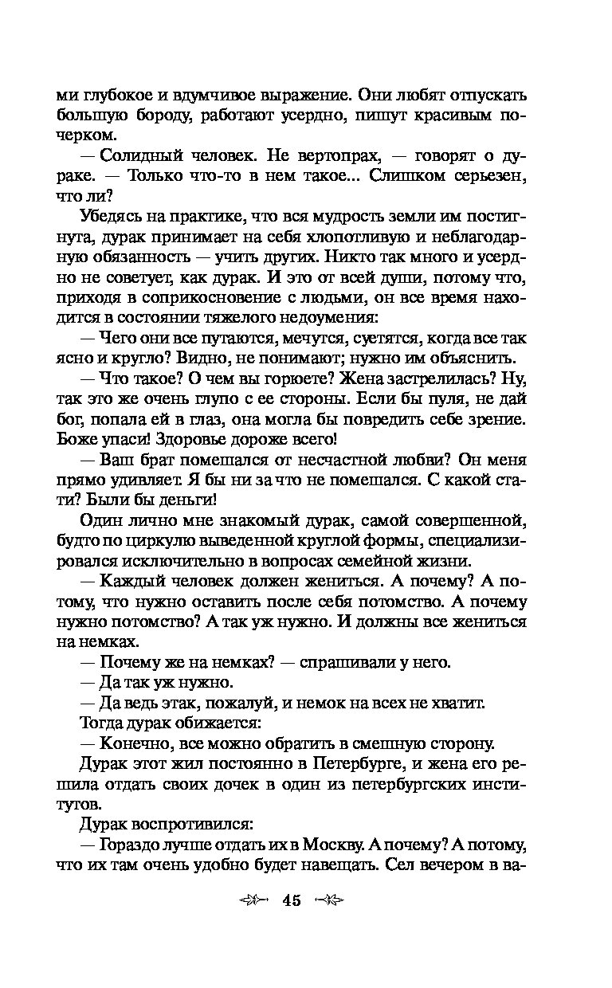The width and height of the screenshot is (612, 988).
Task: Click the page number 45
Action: (290, 901)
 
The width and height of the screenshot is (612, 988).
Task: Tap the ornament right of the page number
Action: (328, 901)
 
